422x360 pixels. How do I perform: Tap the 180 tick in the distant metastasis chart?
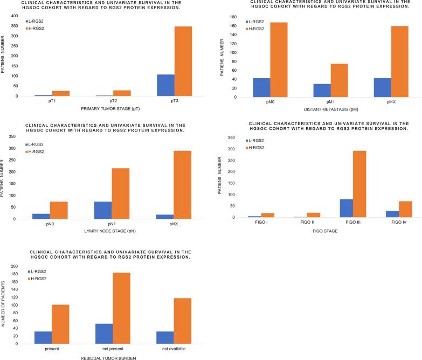(236, 17)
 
